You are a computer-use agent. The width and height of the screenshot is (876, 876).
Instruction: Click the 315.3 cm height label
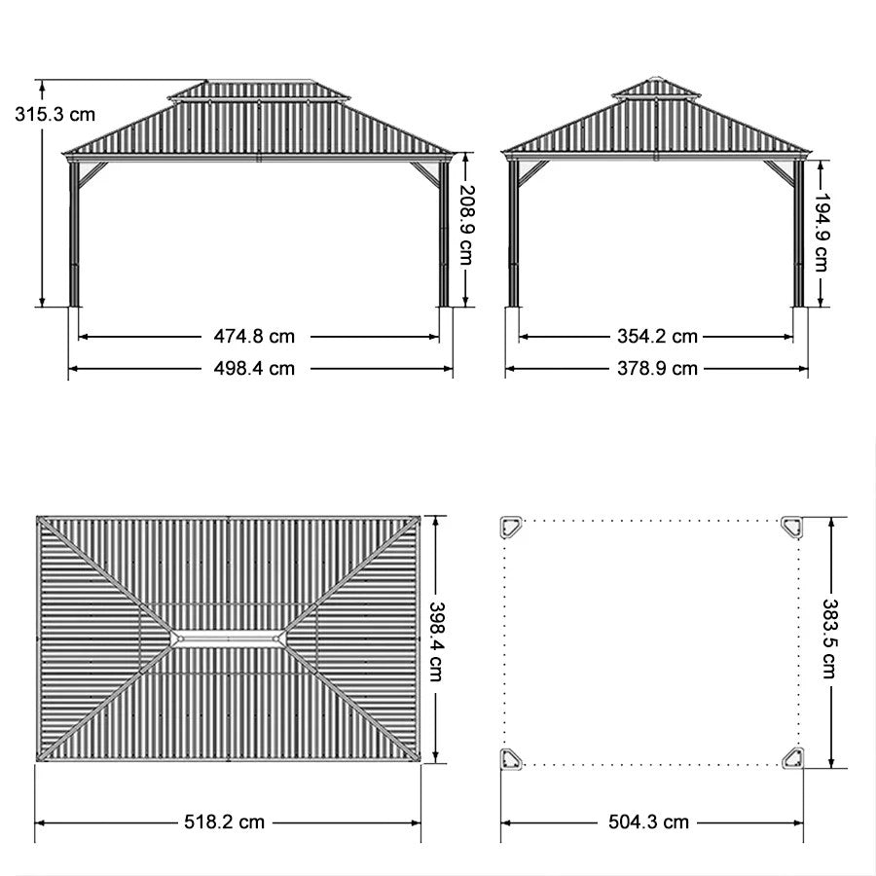pos(55,113)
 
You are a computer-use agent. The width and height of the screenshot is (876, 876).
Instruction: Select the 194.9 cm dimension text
pos(822,233)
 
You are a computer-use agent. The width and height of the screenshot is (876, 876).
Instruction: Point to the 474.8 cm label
pos(254,337)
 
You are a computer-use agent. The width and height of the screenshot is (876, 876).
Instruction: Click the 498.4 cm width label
pos(254,368)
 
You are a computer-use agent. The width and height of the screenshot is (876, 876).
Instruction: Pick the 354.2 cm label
pos(658,337)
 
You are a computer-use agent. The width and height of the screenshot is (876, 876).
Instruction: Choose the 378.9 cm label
pos(658,368)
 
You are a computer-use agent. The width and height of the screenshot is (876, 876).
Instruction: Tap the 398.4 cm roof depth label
pos(438,640)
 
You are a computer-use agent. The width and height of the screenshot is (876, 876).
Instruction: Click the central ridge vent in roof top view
pos(229,639)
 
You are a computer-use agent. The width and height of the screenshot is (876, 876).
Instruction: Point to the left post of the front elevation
pos(73,234)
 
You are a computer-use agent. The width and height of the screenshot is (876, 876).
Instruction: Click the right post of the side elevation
pos(798,234)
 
